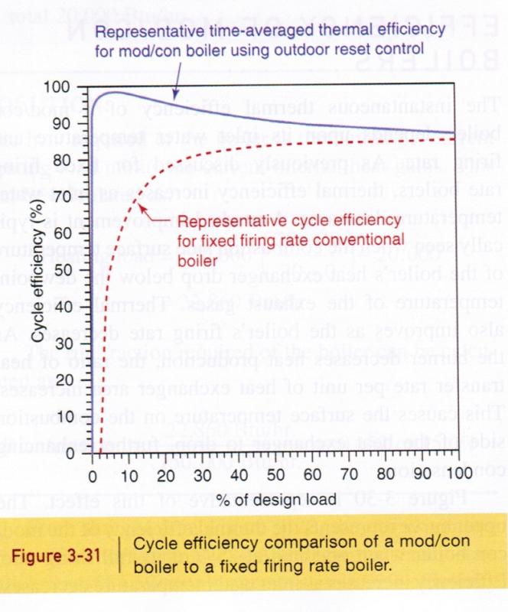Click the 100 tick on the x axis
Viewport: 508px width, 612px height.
pyautogui.click(x=459, y=452)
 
